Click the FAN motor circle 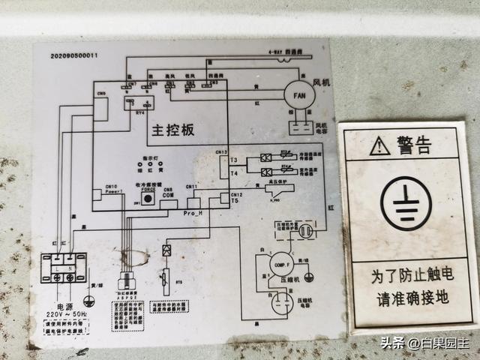(298, 95)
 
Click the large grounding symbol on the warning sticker (405, 202)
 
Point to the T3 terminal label (233, 160)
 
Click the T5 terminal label (235, 200)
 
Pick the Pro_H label (193, 213)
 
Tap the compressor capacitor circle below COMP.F (281, 304)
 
